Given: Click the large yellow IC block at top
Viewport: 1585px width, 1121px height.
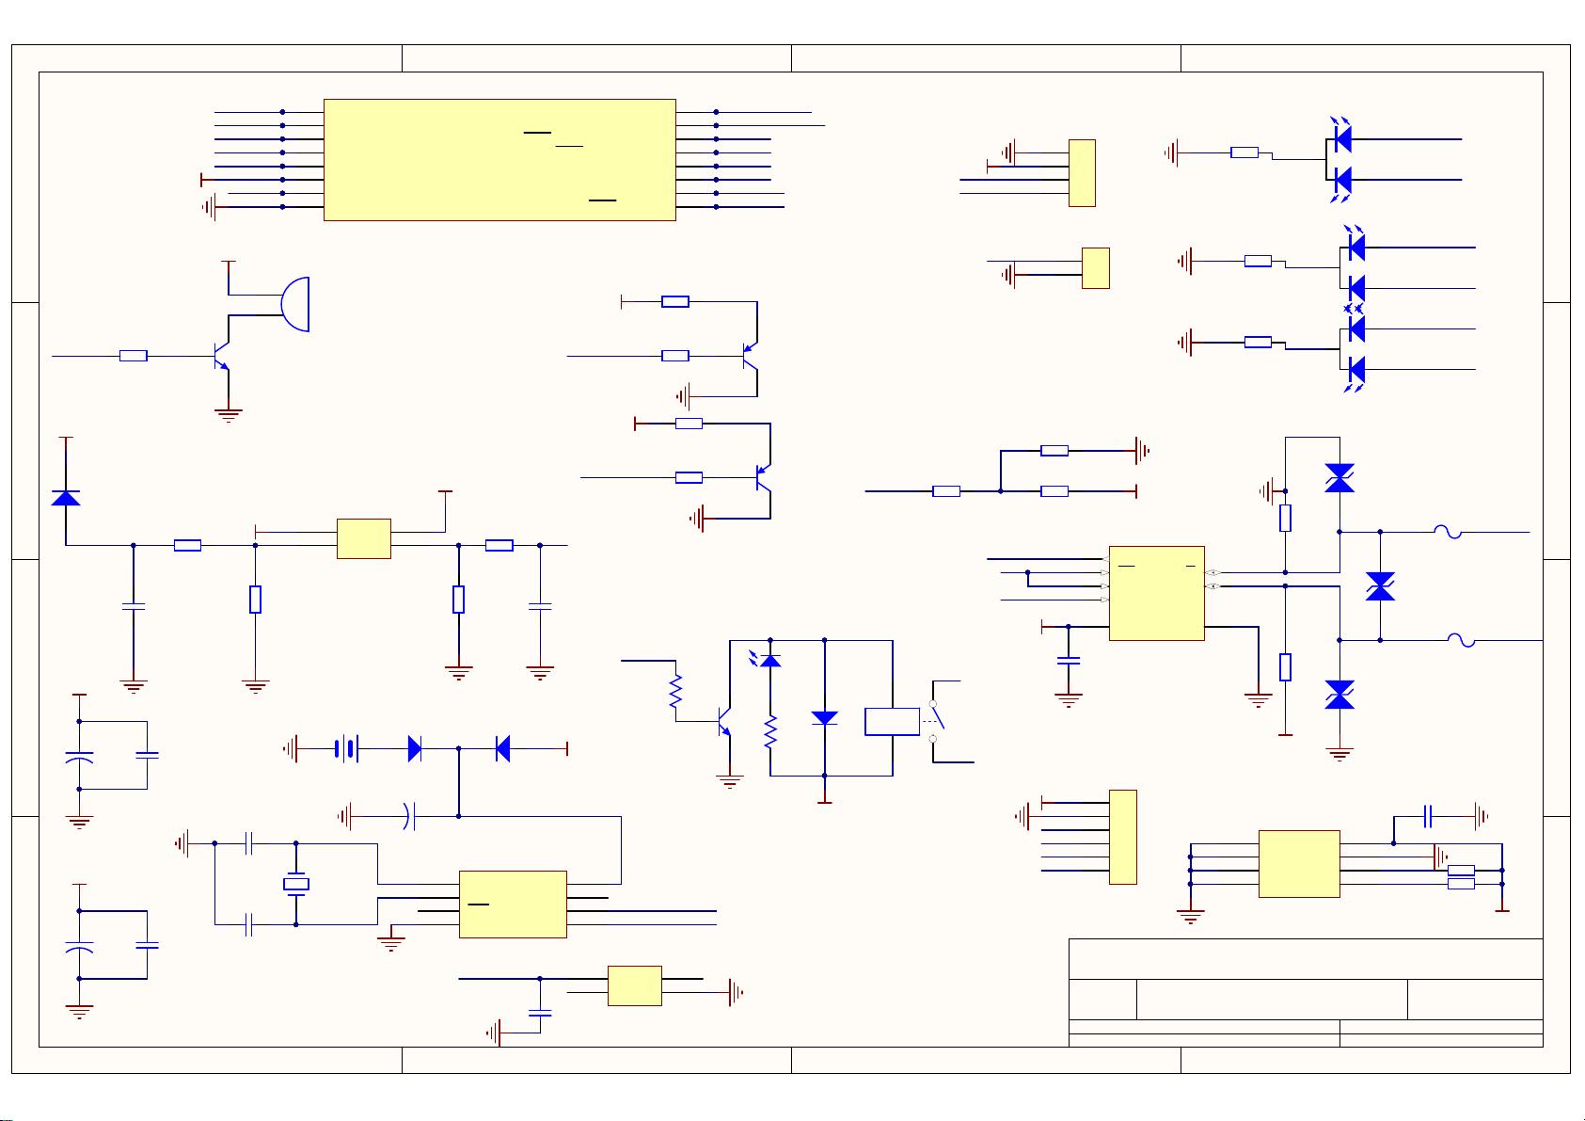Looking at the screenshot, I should [x=499, y=160].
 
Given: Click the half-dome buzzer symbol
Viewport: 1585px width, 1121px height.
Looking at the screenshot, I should [x=296, y=304].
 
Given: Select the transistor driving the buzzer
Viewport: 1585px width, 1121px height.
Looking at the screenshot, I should [x=221, y=357].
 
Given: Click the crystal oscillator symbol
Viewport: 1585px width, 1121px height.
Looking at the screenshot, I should [x=296, y=884].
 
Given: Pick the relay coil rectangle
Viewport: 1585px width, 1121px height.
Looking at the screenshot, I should [x=892, y=721].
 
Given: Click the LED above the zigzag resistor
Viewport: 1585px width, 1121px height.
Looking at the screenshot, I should [x=770, y=660].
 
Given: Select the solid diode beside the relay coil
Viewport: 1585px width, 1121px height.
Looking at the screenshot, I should [x=824, y=717].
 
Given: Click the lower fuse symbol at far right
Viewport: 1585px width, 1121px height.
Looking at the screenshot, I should [x=1460, y=641].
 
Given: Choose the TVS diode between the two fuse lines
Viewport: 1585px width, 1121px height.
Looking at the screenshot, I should [x=1380, y=586].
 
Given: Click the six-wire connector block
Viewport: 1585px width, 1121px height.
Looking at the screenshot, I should [x=1123, y=837].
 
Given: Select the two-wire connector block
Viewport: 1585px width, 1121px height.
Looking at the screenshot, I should [x=1096, y=267].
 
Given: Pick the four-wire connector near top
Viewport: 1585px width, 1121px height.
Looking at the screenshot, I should [x=1082, y=172].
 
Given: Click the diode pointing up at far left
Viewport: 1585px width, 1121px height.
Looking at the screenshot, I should [x=66, y=498].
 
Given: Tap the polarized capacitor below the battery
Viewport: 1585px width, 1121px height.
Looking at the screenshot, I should [x=408, y=816].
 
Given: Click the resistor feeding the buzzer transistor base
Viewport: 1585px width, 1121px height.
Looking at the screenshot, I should [x=134, y=356].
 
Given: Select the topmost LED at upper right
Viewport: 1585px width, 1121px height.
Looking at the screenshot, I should [x=1342, y=138].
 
